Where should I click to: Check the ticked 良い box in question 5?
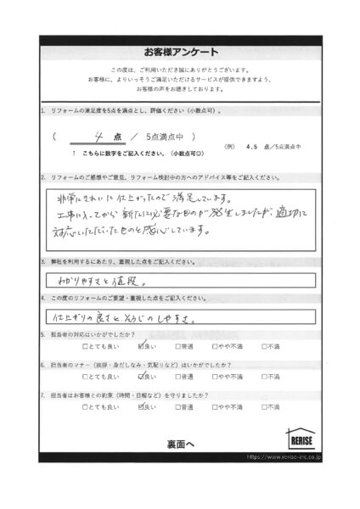(x=141, y=346)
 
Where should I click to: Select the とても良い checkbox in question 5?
(x=86, y=347)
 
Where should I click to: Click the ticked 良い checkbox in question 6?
(x=141, y=377)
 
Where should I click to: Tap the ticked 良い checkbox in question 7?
(x=141, y=406)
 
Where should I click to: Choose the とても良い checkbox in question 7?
(x=86, y=407)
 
